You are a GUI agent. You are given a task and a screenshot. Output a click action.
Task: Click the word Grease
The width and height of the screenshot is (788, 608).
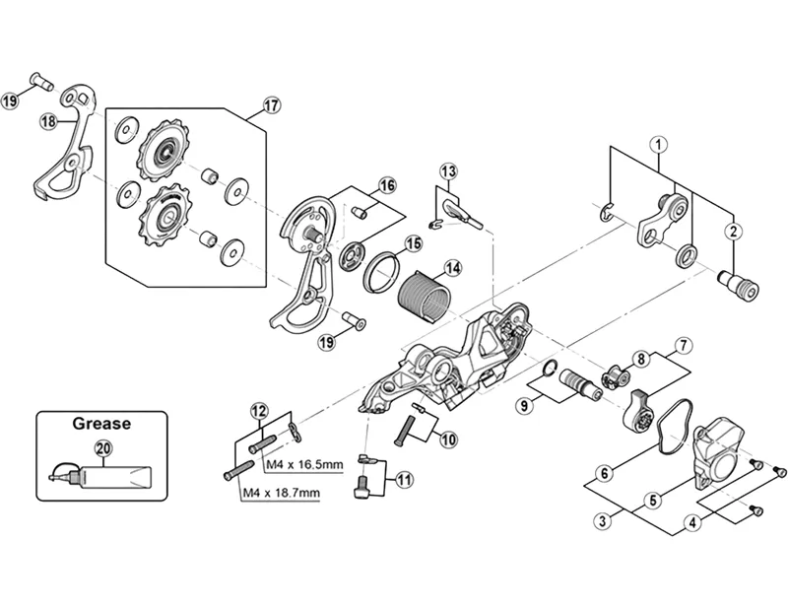click(x=101, y=426)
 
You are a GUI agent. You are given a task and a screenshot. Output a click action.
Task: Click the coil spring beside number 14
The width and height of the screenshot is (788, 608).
click(x=422, y=294)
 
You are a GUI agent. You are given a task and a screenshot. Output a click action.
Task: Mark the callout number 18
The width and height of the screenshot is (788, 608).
click(x=48, y=121)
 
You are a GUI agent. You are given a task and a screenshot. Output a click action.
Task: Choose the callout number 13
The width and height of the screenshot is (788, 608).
click(x=449, y=172)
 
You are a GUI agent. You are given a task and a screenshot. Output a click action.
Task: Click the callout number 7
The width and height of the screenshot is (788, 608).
click(x=679, y=346)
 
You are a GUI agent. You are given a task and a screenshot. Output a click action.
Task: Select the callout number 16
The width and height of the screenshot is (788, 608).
click(x=386, y=186)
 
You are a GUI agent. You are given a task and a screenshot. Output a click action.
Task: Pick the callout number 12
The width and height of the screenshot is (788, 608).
click(x=258, y=410)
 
